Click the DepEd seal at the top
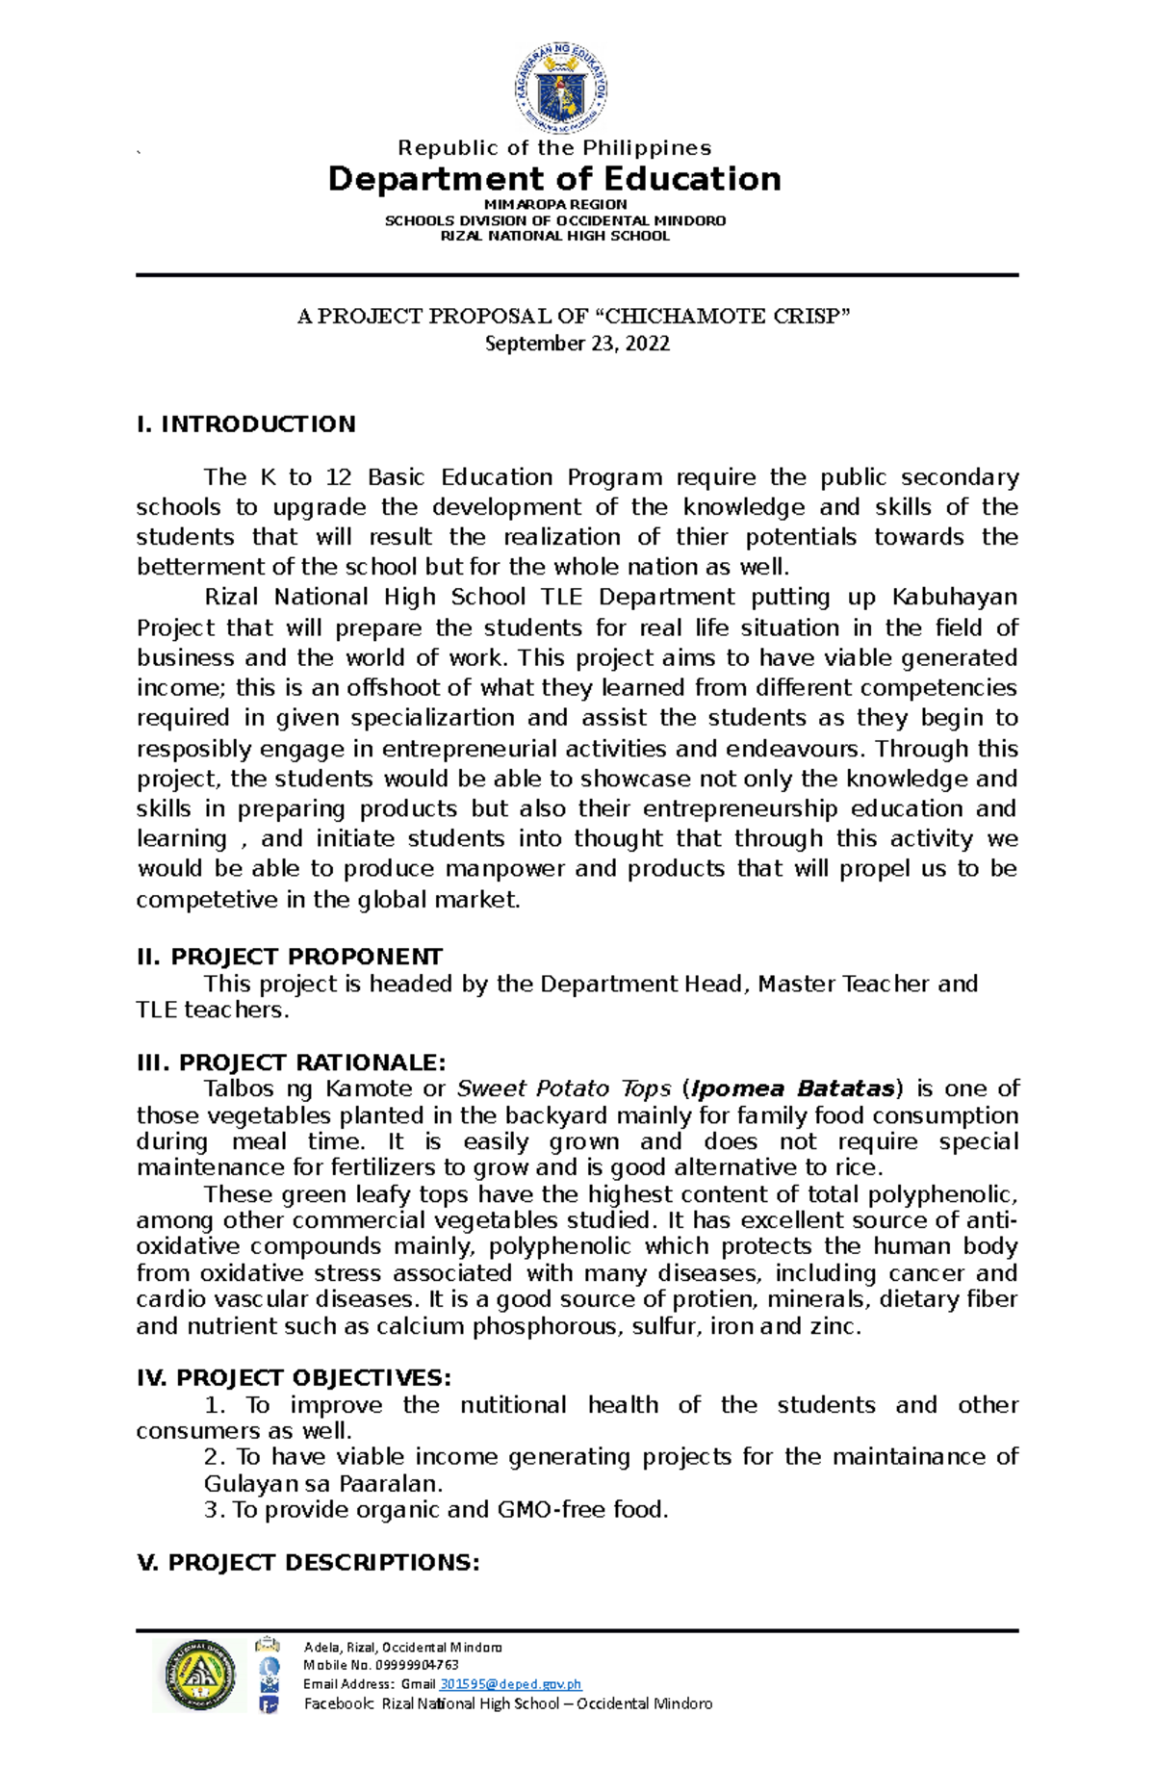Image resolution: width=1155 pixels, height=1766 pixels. (x=560, y=89)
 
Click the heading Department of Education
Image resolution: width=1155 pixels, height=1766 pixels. (x=554, y=179)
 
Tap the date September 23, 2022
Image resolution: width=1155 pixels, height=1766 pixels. (x=577, y=344)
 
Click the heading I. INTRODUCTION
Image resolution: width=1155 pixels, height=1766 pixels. (x=246, y=424)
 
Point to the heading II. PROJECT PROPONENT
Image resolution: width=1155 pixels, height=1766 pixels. (x=290, y=957)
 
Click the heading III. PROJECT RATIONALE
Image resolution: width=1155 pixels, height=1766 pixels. (x=292, y=1062)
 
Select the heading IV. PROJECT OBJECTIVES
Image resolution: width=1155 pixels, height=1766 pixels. (x=295, y=1378)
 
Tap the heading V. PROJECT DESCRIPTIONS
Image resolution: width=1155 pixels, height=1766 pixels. (x=308, y=1562)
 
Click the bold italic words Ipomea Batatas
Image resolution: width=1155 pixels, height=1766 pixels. (x=793, y=1088)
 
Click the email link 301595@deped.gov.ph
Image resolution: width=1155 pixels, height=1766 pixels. (x=510, y=1684)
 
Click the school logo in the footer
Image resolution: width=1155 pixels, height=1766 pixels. (x=199, y=1676)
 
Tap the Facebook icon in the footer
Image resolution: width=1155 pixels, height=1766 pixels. (x=269, y=1704)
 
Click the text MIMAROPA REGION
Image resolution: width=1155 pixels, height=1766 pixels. (x=554, y=205)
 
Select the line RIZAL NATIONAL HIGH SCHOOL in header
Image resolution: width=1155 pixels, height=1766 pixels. (x=554, y=236)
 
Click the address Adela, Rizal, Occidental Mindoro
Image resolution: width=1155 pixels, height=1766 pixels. (x=402, y=1647)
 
